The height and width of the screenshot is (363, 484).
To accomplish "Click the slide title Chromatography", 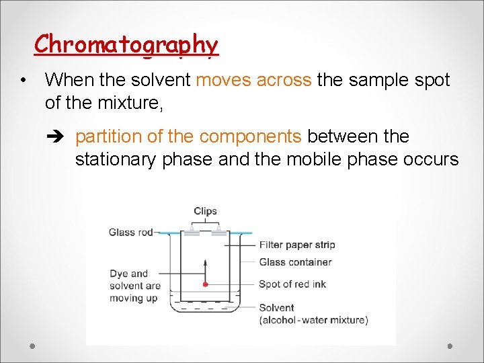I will click(x=126, y=44).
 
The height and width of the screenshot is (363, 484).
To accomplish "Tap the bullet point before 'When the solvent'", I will click(x=24, y=81).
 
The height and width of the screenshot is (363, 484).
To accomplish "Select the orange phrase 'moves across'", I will click(x=253, y=80).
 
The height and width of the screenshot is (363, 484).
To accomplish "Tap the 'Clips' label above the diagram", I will click(x=205, y=211).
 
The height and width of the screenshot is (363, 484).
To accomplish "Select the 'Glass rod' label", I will click(x=131, y=233).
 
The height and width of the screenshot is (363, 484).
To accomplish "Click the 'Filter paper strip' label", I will click(x=296, y=245).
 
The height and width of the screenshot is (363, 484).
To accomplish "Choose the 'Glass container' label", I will click(x=295, y=262).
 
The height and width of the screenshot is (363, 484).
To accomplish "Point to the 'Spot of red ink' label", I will click(x=292, y=284).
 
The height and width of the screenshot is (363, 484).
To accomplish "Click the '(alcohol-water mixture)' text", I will click(x=313, y=320).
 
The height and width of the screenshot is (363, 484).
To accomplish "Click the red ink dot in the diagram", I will click(x=205, y=284).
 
